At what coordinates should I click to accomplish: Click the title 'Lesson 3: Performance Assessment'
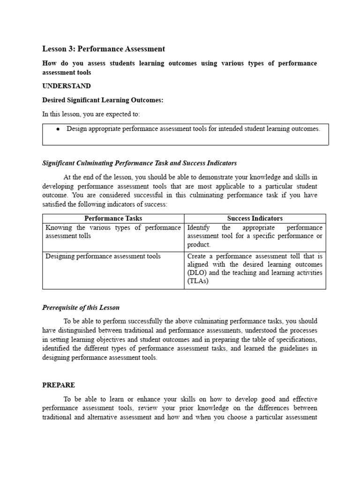coord(104,49)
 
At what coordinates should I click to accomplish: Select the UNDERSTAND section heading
coord(67,86)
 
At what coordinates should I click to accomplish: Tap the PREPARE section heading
coord(59,385)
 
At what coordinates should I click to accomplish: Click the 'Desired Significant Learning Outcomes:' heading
coord(103,100)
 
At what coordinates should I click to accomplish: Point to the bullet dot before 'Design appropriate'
coord(58,129)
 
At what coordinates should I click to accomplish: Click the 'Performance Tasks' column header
coord(113,218)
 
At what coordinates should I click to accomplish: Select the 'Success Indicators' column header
coord(255,218)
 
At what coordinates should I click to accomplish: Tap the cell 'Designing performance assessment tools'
coord(103,256)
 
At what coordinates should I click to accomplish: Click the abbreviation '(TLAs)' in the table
coord(198,281)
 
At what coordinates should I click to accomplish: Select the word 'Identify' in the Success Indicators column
coord(199,227)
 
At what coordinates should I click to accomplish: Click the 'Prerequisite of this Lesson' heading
coord(81,307)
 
